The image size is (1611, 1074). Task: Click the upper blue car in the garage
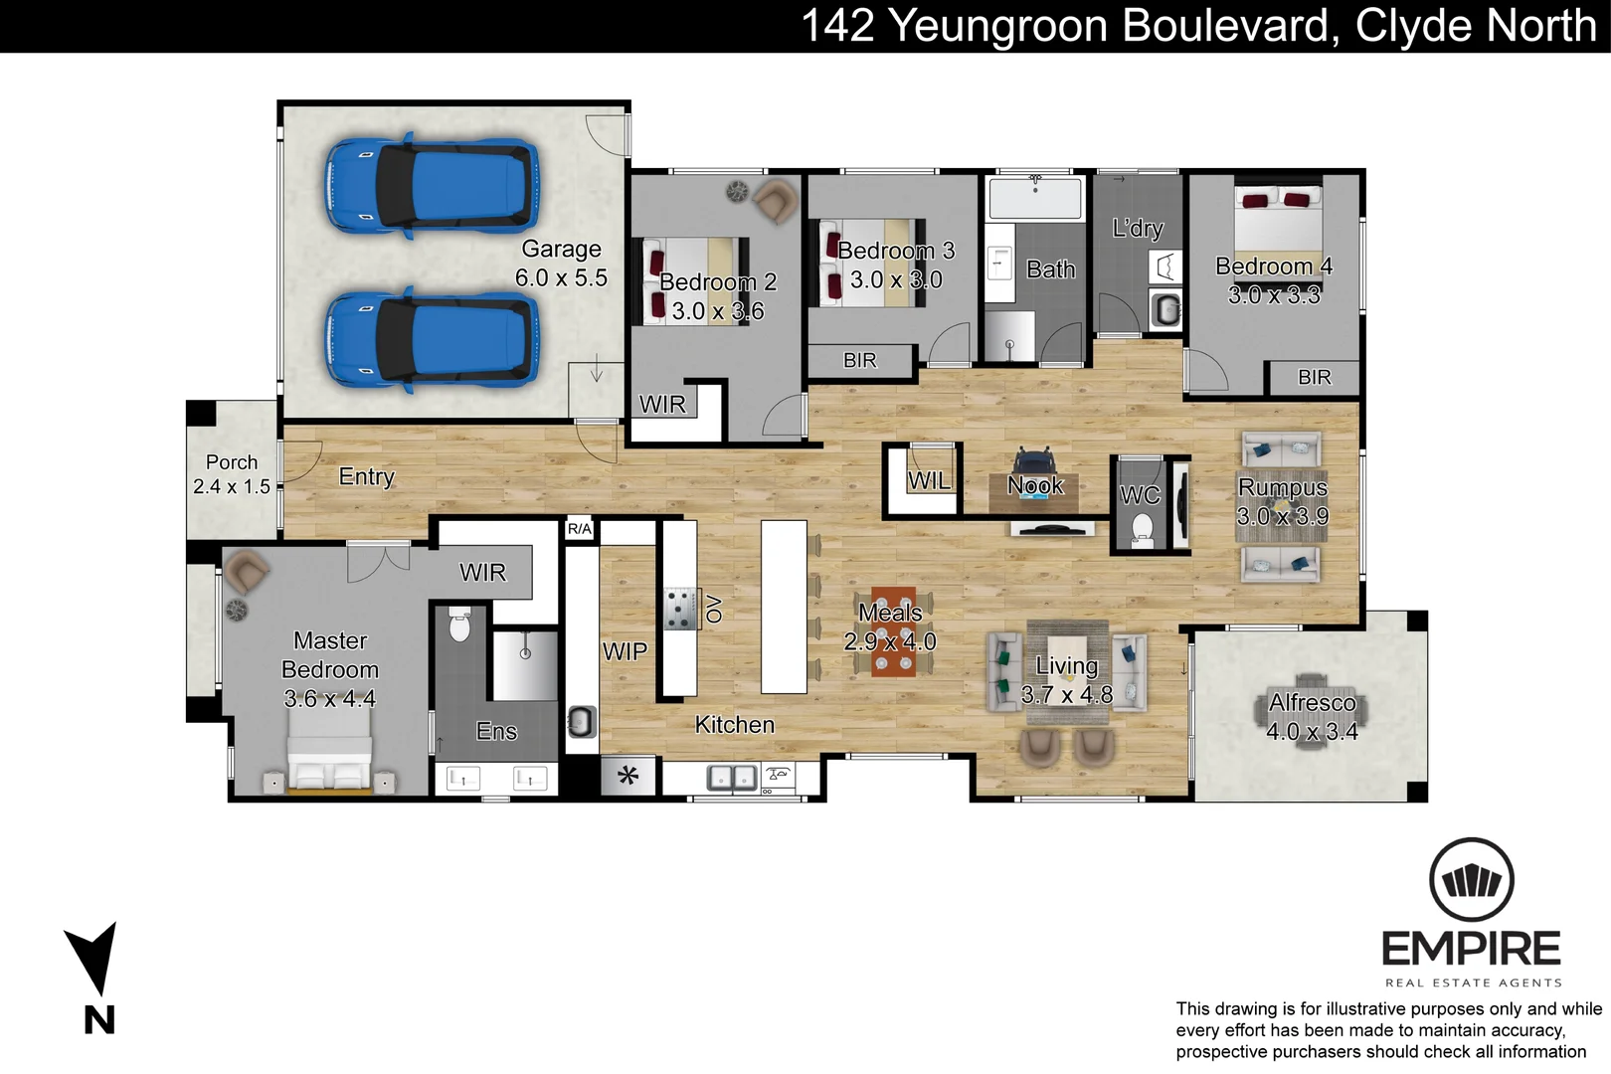433,187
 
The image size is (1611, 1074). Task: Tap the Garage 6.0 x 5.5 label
561,264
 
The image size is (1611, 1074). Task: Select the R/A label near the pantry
579,529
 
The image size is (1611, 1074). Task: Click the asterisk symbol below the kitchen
627,776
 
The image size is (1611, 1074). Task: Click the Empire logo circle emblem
1471,880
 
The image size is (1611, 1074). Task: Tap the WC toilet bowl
1143,526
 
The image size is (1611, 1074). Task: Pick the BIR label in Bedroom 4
1314,377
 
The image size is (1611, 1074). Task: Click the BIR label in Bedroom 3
859,360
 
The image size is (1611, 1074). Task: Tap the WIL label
929,481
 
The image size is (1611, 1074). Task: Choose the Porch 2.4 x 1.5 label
231,474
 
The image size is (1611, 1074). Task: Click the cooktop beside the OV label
680,609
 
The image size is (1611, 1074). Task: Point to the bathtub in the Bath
1034,198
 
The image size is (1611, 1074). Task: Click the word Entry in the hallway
366,476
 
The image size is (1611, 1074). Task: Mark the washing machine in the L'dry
1165,310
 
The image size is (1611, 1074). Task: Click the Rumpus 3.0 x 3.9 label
1282,501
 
